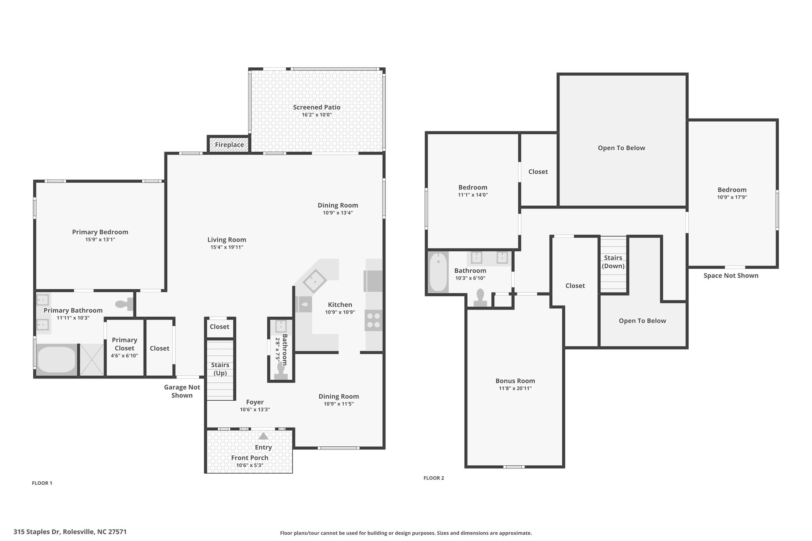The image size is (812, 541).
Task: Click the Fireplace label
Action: pyautogui.click(x=229, y=145)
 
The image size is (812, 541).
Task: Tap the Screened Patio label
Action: pyautogui.click(x=317, y=107)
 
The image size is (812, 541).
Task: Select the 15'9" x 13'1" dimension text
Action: pyautogui.click(x=100, y=240)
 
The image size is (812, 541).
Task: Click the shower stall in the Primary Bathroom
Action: pyautogui.click(x=92, y=359)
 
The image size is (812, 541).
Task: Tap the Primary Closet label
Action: pyautogui.click(x=124, y=344)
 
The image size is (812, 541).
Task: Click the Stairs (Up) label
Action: pyautogui.click(x=220, y=369)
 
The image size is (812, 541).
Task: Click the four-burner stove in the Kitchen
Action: pyautogui.click(x=373, y=321)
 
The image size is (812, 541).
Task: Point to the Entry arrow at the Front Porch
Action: pyautogui.click(x=263, y=436)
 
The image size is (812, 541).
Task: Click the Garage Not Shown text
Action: pyautogui.click(x=182, y=391)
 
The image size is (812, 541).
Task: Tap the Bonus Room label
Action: pyautogui.click(x=515, y=381)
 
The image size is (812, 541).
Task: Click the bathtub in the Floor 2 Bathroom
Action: pyautogui.click(x=438, y=273)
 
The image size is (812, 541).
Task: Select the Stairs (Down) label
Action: pyautogui.click(x=613, y=262)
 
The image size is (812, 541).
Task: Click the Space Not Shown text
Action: pyautogui.click(x=731, y=275)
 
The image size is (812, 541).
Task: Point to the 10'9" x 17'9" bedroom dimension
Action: pyautogui.click(x=732, y=197)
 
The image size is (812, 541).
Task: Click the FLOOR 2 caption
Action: pyautogui.click(x=434, y=478)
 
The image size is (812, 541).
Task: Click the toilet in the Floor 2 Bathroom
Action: pyautogui.click(x=480, y=298)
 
